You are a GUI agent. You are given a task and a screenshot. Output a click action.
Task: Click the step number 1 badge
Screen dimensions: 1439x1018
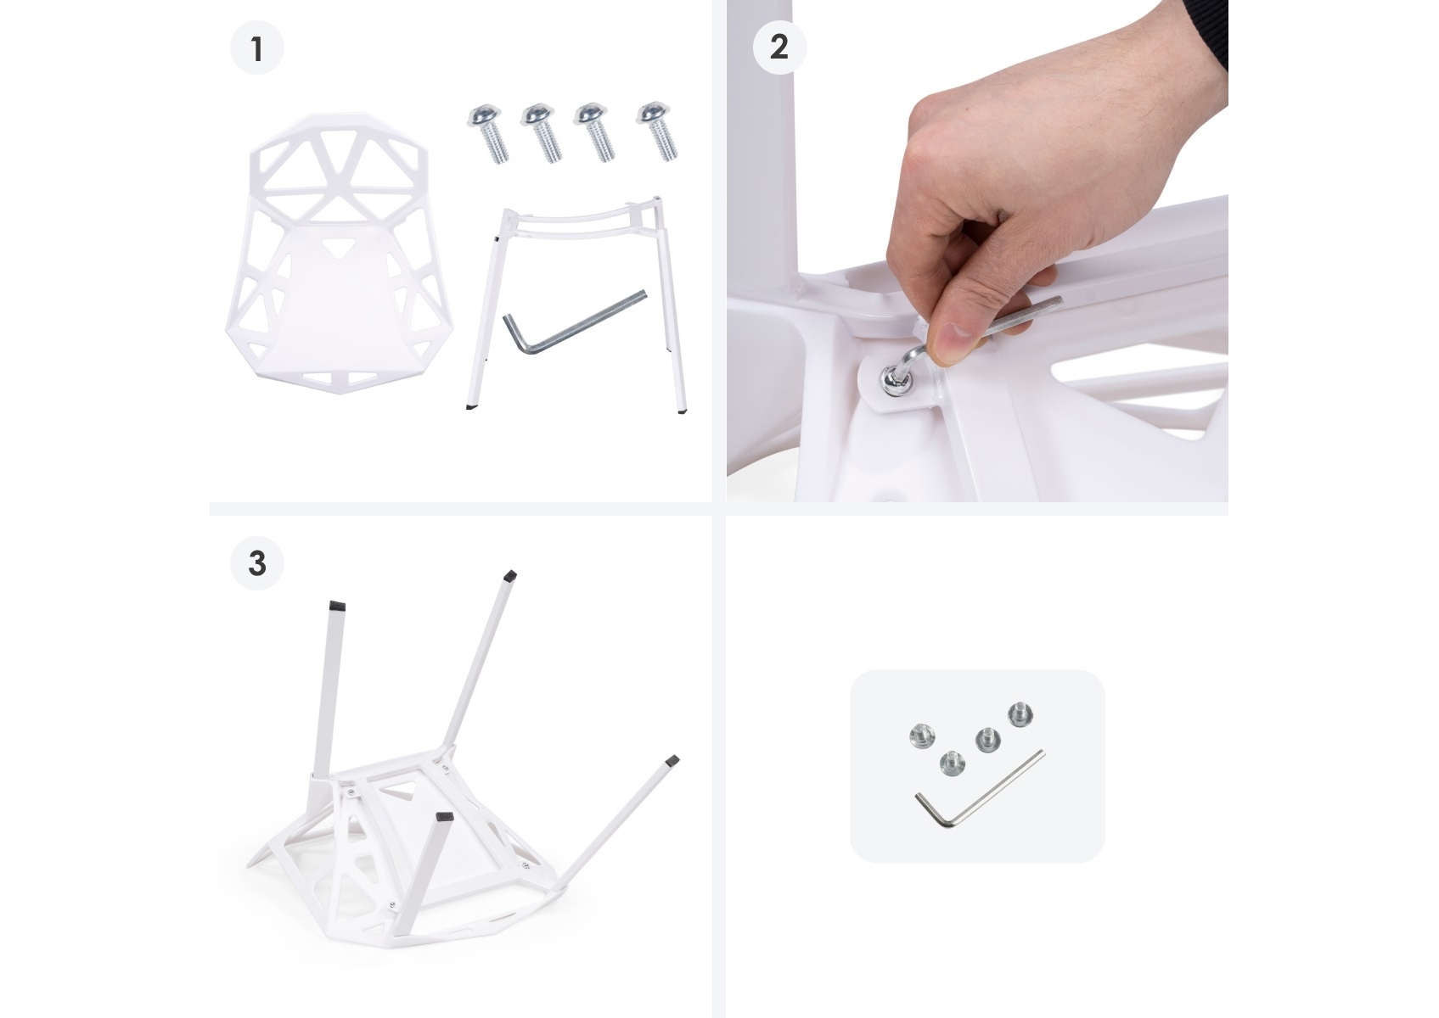coord(257,48)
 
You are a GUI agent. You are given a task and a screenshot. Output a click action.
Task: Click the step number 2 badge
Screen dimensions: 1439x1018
coord(779,47)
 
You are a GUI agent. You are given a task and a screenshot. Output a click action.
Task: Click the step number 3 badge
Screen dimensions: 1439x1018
coord(257,563)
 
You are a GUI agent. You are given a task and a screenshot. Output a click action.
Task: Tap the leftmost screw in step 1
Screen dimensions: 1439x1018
coord(488,133)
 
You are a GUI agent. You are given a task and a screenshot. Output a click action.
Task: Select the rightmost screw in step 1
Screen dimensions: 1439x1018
coord(656,131)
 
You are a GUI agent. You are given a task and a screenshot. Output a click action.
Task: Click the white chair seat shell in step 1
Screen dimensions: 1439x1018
coord(339,253)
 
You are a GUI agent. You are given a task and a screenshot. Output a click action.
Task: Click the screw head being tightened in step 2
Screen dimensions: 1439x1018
coord(894,382)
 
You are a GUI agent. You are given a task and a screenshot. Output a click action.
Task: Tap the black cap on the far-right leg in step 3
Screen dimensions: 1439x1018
coord(672,761)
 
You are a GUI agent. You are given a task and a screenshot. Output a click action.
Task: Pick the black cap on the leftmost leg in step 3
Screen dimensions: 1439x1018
coord(337,605)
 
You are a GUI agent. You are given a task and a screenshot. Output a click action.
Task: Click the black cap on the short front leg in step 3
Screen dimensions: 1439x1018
coord(444,817)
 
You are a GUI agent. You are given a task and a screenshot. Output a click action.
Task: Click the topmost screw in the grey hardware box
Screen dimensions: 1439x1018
coord(1020,714)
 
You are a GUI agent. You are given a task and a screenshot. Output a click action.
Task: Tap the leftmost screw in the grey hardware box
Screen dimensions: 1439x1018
coord(923,736)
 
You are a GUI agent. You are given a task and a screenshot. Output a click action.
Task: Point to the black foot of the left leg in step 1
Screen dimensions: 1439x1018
coord(471,407)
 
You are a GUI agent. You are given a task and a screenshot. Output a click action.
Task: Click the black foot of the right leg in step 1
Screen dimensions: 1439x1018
coord(682,410)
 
